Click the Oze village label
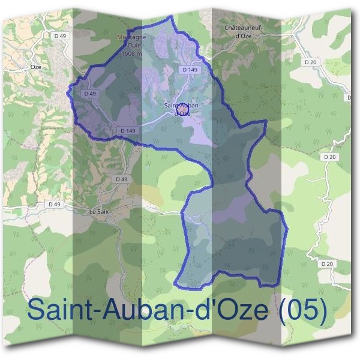[36, 67]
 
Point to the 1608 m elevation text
[130, 53]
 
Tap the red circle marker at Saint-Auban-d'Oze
[182, 108]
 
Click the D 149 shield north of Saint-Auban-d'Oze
[190, 70]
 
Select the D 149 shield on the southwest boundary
[128, 130]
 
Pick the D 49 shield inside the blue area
[91, 94]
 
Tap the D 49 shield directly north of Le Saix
[121, 179]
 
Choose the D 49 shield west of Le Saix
[55, 204]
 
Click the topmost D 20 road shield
[310, 62]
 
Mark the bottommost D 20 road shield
[327, 263]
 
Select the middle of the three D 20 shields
[328, 157]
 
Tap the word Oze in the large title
[225, 311]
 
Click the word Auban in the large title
[139, 311]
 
